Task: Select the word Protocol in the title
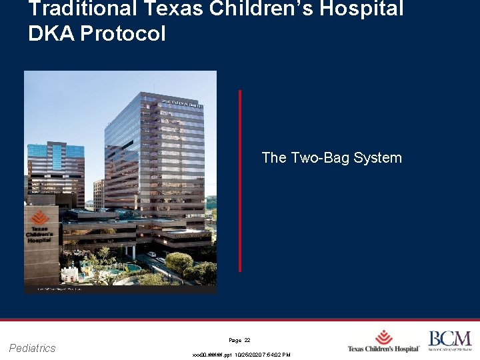pos(123,34)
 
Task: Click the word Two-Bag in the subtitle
pos(320,158)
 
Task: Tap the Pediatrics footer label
pos(33,348)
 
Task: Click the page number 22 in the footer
pos(247,340)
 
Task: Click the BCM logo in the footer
pos(449,340)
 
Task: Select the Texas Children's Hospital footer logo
pos(383,342)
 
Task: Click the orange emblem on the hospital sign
pos(39,217)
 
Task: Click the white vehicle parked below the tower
pos(152,254)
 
